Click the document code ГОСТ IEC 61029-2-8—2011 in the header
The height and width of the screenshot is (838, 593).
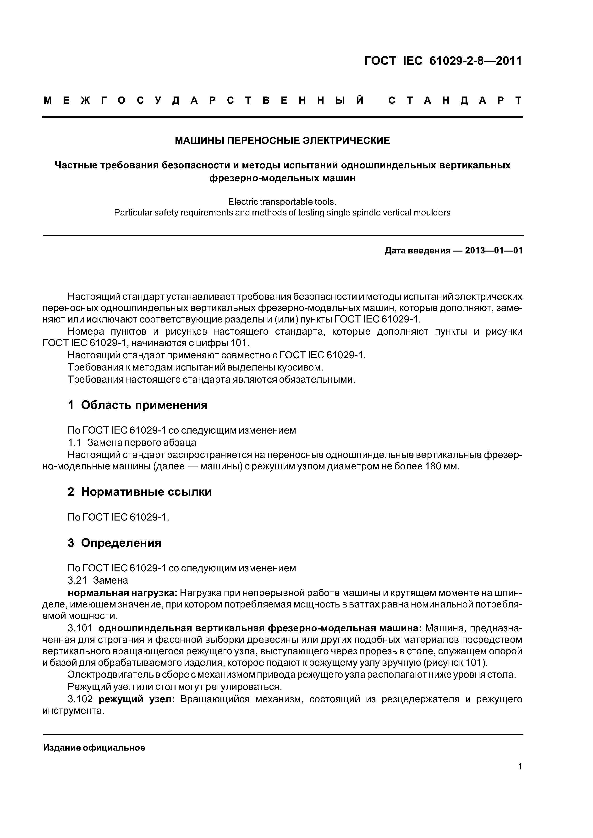[443, 61]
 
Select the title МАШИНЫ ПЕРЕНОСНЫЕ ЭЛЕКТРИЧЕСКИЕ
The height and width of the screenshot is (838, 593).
[282, 140]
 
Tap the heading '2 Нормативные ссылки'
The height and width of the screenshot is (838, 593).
[140, 492]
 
